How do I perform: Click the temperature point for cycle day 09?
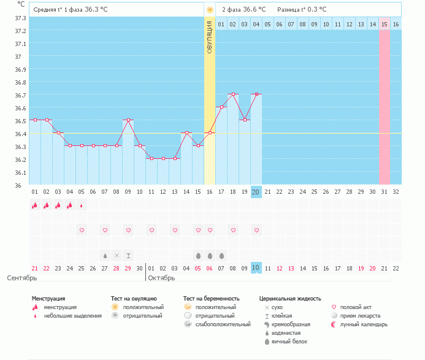click(x=128, y=120)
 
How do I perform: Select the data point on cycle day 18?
click(x=233, y=94)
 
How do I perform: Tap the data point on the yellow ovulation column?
click(x=210, y=132)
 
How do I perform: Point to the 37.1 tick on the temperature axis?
click(x=20, y=44)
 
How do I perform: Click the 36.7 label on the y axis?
click(x=20, y=95)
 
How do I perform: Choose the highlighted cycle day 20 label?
click(x=256, y=192)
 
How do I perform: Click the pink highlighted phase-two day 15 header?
click(x=385, y=24)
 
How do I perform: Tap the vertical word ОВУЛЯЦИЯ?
click(x=210, y=37)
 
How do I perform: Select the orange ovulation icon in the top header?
click(x=210, y=10)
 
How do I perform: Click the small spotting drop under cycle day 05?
click(x=82, y=205)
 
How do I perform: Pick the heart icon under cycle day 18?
click(x=233, y=230)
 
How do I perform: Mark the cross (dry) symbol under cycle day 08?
click(x=117, y=255)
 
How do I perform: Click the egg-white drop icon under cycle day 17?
click(x=221, y=256)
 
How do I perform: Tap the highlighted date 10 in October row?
click(x=256, y=268)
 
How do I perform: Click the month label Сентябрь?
click(x=22, y=278)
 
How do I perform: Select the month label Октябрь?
click(x=161, y=278)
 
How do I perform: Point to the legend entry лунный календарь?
click(x=364, y=324)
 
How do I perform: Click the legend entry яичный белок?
click(x=289, y=342)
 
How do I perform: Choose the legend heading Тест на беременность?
click(x=212, y=299)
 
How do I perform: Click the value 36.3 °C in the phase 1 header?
click(x=96, y=9)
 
